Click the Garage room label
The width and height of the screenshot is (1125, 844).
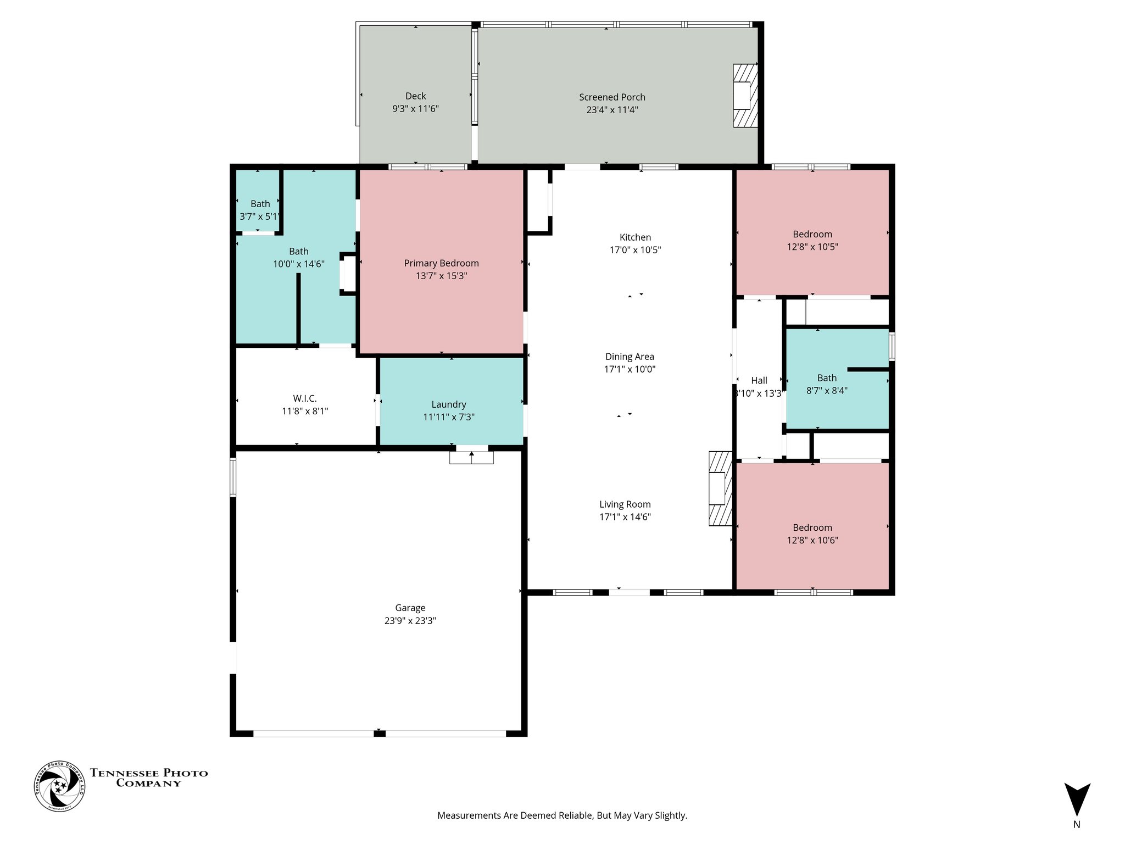[x=410, y=608]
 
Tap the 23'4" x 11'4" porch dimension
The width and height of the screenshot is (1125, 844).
[x=612, y=109]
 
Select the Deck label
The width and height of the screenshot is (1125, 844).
[x=415, y=96]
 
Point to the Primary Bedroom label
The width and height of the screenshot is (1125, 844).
[x=441, y=263]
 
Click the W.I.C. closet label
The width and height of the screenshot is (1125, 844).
[x=304, y=398]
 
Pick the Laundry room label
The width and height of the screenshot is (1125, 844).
[x=448, y=404]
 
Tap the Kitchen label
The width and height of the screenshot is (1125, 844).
[x=635, y=237]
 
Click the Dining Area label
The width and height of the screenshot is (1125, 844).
[x=630, y=357]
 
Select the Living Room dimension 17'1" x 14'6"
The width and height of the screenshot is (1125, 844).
[x=625, y=517]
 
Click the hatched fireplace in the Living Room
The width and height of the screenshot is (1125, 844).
[x=720, y=488]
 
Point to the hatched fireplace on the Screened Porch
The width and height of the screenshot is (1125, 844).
[x=745, y=96]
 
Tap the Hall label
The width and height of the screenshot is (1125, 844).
[x=759, y=380]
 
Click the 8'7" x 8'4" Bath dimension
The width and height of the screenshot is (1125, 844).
[x=827, y=391]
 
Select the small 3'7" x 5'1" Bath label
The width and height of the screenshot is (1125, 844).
[x=260, y=204]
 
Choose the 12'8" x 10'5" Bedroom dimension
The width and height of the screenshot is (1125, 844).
[x=812, y=247]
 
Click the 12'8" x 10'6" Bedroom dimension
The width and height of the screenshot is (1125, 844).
[x=812, y=540]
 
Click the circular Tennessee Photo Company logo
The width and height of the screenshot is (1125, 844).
[x=60, y=786]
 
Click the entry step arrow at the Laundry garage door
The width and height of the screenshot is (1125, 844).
[x=471, y=454]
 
